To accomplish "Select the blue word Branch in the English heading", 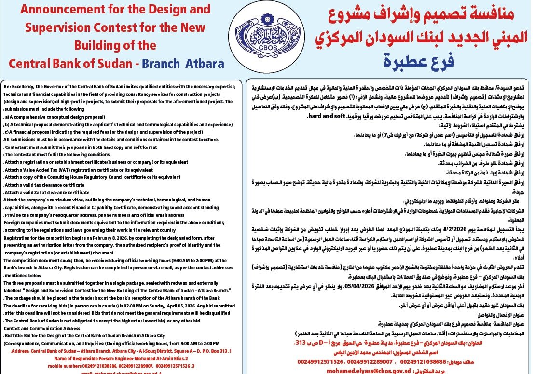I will point(164,64).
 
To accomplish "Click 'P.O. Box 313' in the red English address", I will point(218,351).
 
